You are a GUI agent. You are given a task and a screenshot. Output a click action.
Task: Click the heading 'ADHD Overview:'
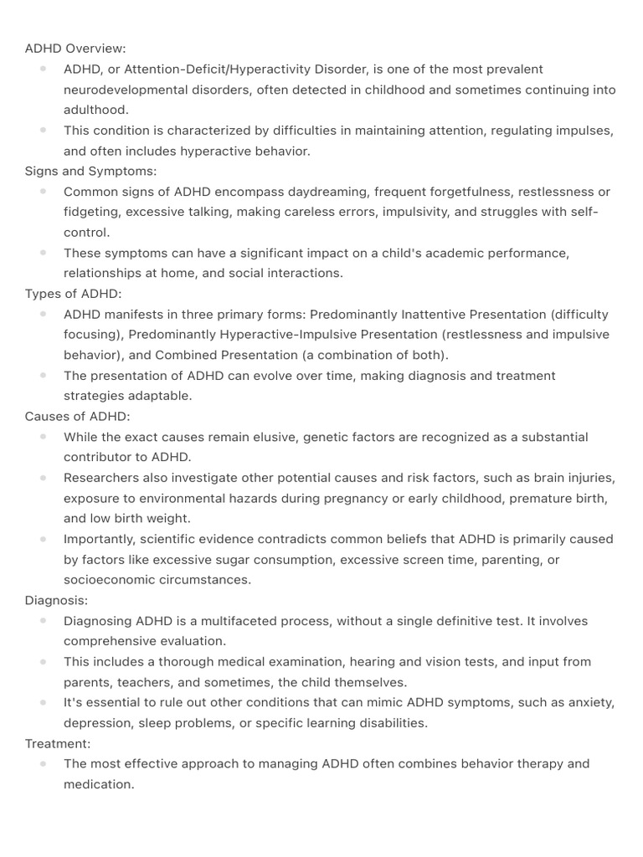pos(75,49)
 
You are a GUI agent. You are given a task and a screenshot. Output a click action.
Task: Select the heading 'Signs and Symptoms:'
pos(90,171)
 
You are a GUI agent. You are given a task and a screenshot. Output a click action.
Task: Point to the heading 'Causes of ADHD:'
pos(78,416)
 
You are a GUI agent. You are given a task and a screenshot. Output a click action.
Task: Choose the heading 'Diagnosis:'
pos(56,600)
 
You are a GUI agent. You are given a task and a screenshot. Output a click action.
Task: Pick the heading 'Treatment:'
pos(58,743)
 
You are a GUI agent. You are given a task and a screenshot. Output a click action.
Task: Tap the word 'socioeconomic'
pos(109,580)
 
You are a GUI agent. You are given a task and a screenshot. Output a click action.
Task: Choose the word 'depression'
pos(98,723)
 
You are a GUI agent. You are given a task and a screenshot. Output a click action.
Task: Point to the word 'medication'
pos(98,785)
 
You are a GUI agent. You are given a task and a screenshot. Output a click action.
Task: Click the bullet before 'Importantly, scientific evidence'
pos(43,538)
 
